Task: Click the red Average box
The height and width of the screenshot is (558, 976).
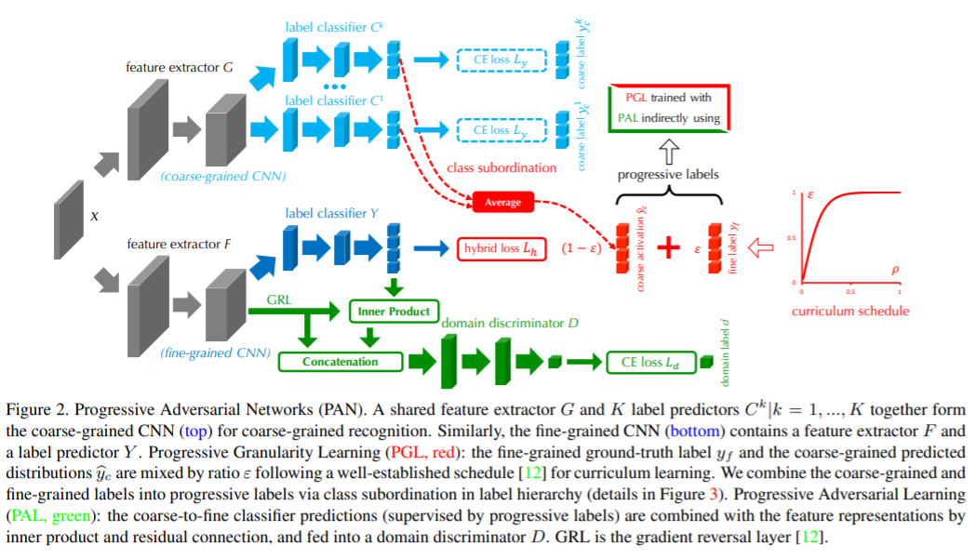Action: click(x=502, y=202)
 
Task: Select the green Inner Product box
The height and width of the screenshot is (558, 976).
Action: click(x=393, y=312)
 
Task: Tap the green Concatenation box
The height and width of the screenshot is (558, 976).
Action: click(x=341, y=362)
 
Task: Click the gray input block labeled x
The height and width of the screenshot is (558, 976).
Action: click(x=71, y=216)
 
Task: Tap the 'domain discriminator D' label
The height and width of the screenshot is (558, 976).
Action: click(x=510, y=323)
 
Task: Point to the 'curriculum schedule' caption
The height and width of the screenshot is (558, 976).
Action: click(x=850, y=311)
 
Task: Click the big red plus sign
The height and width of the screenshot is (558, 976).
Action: click(x=668, y=248)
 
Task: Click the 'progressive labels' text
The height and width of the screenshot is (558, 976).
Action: click(x=668, y=175)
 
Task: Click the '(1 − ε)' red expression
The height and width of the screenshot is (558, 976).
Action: click(x=584, y=249)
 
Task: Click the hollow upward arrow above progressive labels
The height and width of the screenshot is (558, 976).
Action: click(x=669, y=149)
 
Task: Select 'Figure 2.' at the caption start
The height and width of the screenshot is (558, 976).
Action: click(x=35, y=410)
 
